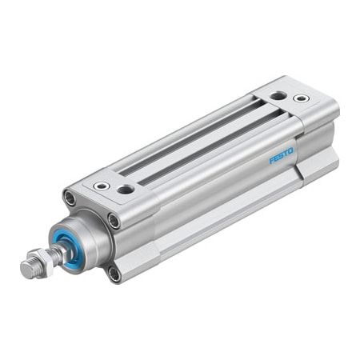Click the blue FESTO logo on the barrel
(x=281, y=154)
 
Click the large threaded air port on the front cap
(x=126, y=190)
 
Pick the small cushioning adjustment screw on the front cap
(x=102, y=185)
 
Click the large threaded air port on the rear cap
(x=277, y=95)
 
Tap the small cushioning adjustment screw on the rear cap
(x=301, y=98)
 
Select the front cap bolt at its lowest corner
(x=114, y=274)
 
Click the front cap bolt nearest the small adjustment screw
(x=70, y=197)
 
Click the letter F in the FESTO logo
(x=272, y=160)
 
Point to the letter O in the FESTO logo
(x=290, y=149)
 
